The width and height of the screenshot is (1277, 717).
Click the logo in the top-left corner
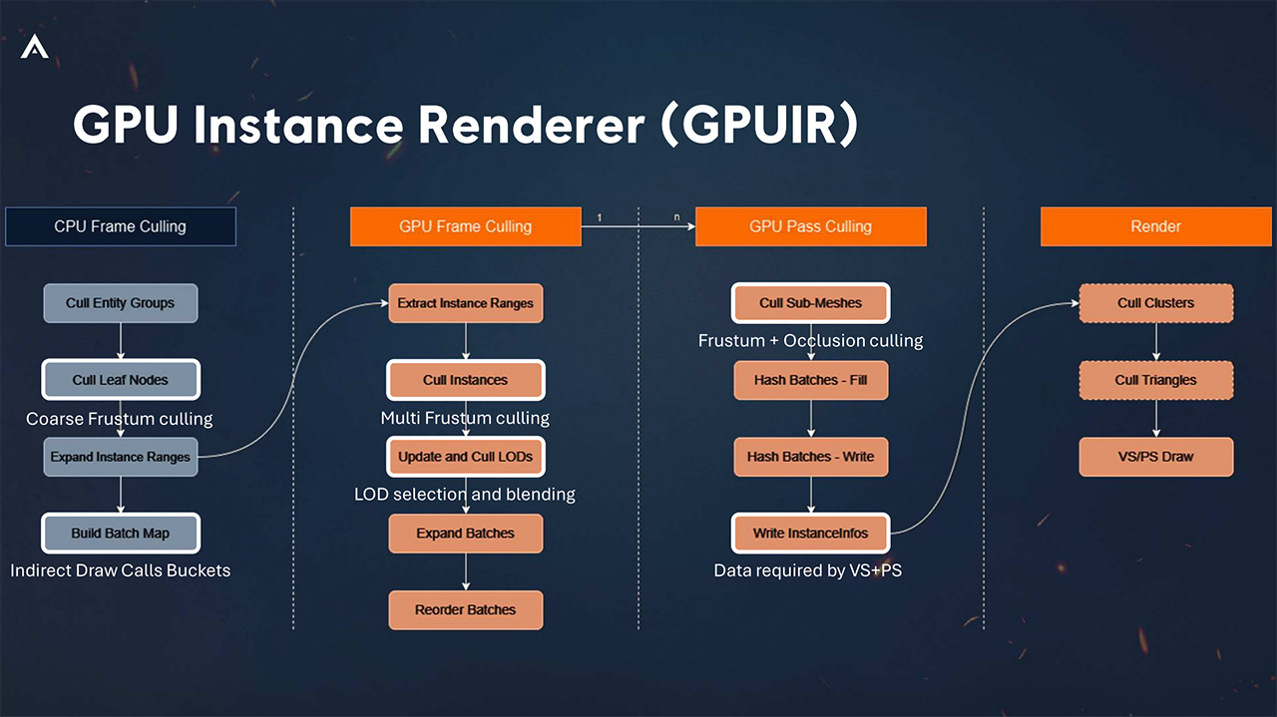click(34, 46)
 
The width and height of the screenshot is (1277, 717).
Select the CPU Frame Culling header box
click(120, 226)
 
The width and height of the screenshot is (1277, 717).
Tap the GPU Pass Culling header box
click(810, 226)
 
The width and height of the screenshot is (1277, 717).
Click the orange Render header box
click(1155, 226)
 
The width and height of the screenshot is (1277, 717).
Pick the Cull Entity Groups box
click(120, 303)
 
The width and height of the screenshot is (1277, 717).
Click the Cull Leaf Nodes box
click(120, 380)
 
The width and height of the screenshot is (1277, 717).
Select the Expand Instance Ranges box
click(120, 457)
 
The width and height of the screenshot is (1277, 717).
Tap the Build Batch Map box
click(120, 534)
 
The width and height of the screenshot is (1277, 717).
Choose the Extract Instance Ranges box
click(465, 303)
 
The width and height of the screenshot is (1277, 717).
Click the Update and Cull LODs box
click(465, 457)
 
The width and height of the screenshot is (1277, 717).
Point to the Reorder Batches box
click(465, 609)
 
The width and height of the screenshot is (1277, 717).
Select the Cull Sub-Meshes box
click(810, 303)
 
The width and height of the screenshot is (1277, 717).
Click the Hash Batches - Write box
click(810, 457)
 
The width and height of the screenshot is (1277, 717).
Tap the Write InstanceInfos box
click(810, 534)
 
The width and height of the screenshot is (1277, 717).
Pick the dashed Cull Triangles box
click(1155, 380)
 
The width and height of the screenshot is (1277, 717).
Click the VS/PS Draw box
click(1155, 457)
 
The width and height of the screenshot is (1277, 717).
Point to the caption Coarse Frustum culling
click(119, 419)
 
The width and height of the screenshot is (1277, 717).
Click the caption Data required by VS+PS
click(807, 571)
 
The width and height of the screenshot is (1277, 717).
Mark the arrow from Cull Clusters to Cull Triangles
click(1156, 341)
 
